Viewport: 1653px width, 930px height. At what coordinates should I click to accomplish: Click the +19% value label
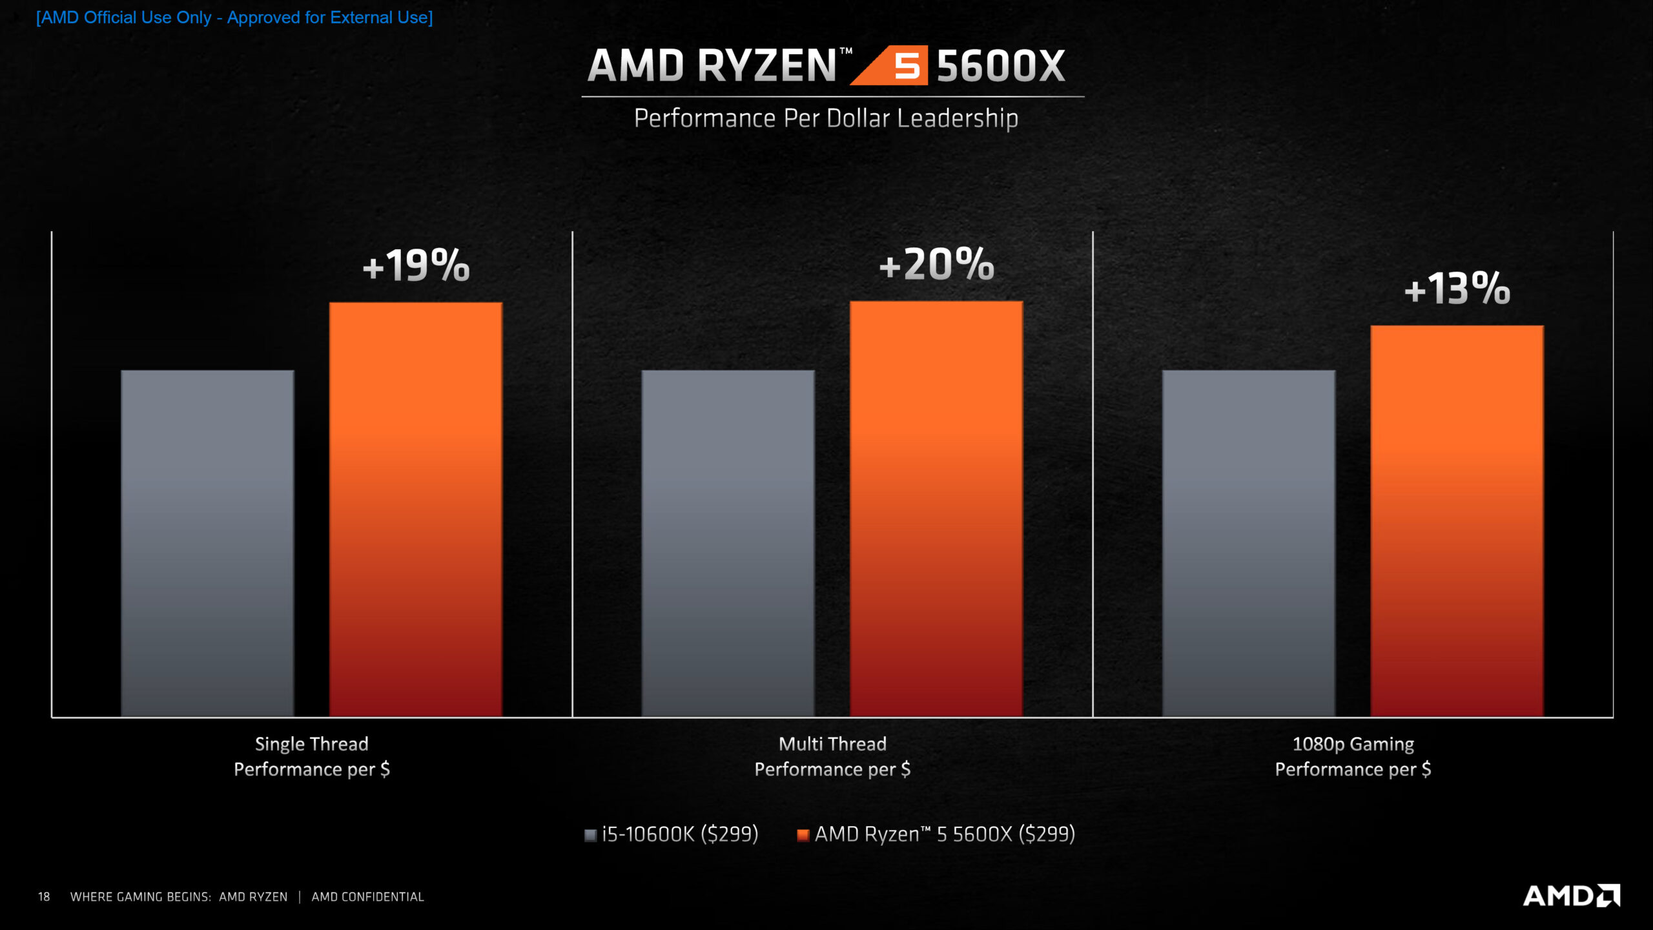[x=416, y=266]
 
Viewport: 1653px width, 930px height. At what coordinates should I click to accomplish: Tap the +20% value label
[x=936, y=265]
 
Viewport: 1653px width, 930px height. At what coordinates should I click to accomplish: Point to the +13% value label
[x=1457, y=289]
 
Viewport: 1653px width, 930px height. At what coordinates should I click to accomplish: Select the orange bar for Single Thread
[x=416, y=510]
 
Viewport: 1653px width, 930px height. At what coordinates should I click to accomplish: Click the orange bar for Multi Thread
[x=936, y=510]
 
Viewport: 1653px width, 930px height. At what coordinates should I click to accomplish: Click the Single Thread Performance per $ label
[x=312, y=756]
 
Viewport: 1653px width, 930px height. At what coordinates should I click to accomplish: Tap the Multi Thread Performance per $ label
[x=832, y=756]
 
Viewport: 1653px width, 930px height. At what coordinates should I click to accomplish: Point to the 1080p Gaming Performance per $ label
[x=1353, y=756]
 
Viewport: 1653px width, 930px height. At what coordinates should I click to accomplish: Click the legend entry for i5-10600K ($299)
[x=672, y=834]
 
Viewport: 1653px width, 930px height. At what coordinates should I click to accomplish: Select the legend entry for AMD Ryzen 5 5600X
[x=936, y=834]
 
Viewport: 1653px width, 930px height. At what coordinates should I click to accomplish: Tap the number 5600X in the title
[x=1000, y=66]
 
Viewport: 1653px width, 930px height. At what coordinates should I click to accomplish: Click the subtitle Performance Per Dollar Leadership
[x=826, y=119]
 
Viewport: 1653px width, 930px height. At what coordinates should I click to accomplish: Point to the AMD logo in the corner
[x=1571, y=896]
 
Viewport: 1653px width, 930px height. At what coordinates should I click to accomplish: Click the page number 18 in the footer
[x=44, y=897]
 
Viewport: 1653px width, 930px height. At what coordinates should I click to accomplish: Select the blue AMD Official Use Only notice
[x=234, y=17]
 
